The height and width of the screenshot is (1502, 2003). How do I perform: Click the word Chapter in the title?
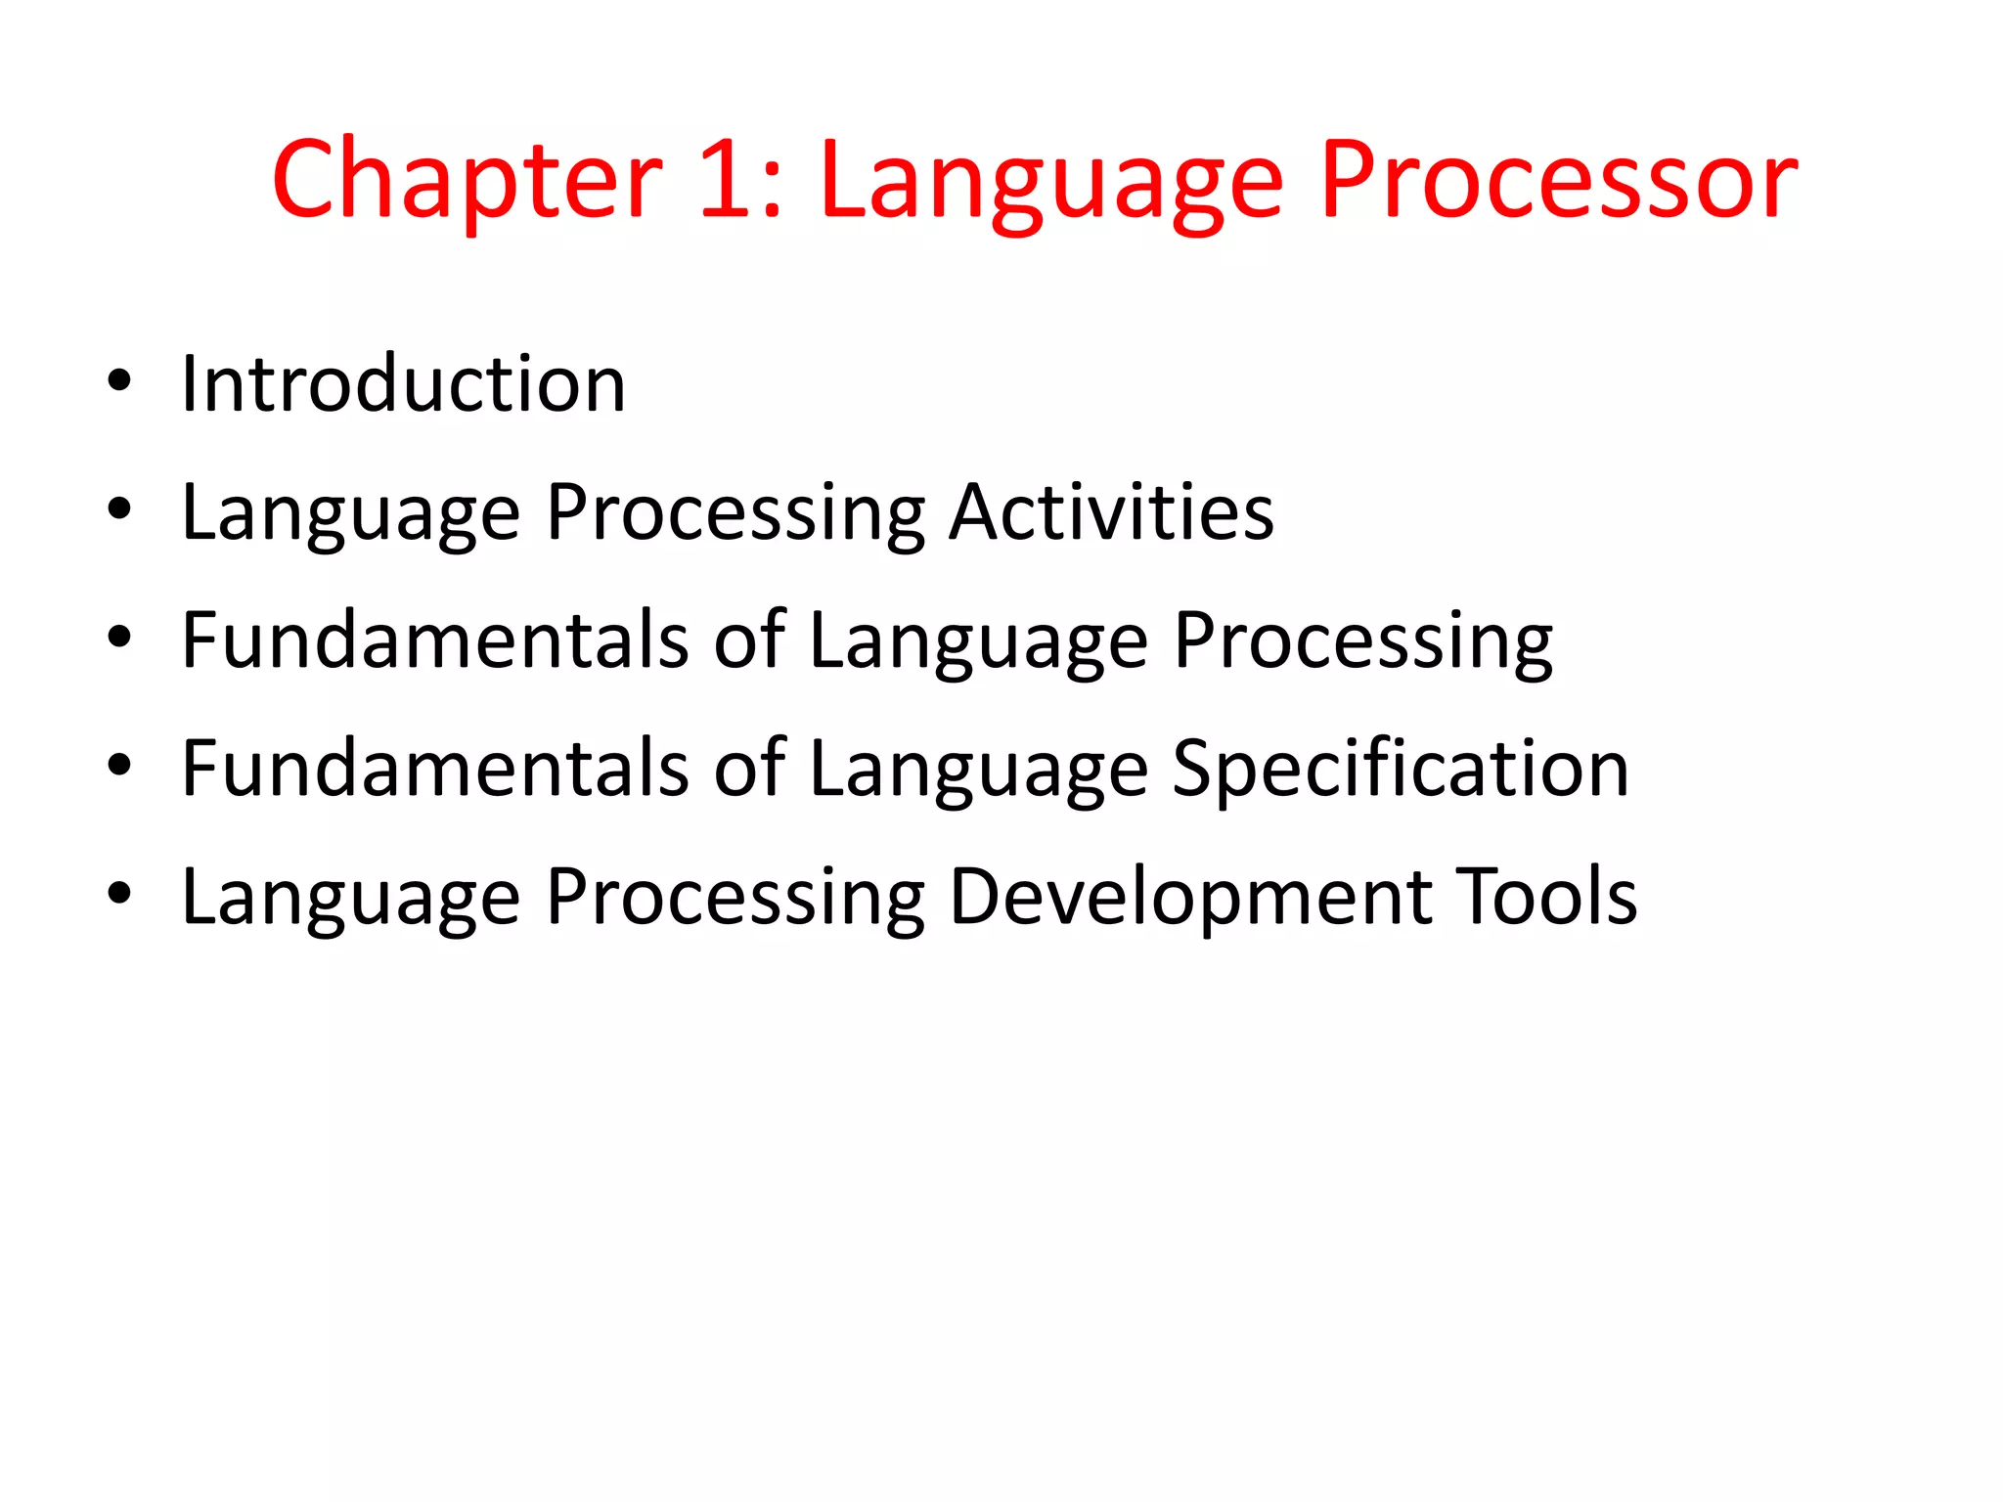coord(467,182)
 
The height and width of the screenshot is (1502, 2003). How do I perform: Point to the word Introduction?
coord(403,383)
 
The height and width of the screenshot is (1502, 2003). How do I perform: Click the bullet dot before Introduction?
coord(119,382)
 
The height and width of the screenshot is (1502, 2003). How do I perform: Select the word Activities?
coord(1112,511)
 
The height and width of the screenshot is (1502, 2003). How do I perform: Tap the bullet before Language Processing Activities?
coord(119,509)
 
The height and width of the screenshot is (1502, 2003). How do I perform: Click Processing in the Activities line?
coord(735,514)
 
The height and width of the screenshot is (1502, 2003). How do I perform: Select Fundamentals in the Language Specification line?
coord(436,769)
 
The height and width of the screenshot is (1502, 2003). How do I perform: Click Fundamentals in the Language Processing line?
coord(436,641)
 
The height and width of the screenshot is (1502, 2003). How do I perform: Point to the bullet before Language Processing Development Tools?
coord(119,894)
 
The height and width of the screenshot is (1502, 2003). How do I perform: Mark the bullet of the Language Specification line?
coord(119,766)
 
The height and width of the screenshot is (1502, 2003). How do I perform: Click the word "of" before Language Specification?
coord(749,769)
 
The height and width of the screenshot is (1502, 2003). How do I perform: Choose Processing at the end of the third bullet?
coord(1362,643)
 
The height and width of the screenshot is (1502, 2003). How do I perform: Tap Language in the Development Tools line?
coord(351,899)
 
